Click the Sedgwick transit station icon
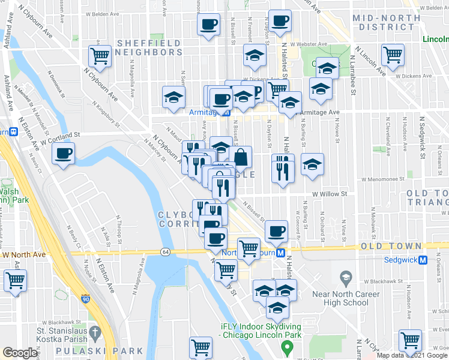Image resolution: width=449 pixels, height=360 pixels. [x=423, y=260]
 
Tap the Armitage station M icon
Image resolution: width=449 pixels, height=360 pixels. [x=226, y=112]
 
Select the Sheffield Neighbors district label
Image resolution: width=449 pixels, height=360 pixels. [x=149, y=47]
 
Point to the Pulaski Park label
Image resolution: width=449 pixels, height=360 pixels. [x=100, y=351]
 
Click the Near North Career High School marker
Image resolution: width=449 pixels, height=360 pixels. [x=345, y=278]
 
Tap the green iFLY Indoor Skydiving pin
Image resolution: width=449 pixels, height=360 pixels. [x=287, y=347]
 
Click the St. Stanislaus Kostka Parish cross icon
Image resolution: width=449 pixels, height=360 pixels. [x=94, y=332]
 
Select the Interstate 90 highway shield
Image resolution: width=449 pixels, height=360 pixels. [x=85, y=298]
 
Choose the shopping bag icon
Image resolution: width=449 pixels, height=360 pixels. [x=241, y=158]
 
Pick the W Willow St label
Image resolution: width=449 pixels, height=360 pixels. [x=330, y=194]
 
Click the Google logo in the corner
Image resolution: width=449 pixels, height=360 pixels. [x=20, y=353]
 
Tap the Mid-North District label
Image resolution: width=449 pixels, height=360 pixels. [x=387, y=22]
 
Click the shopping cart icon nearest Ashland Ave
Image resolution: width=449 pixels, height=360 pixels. [x=15, y=280]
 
